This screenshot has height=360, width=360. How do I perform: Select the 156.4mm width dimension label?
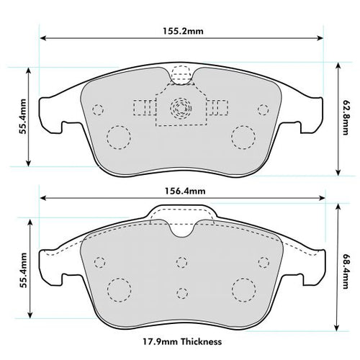pos(179,191)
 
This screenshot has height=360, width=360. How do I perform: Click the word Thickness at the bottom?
pos(202,341)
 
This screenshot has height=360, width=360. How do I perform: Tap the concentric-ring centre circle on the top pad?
pos(179,109)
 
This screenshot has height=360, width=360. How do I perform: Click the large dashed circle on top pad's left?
pos(117,136)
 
